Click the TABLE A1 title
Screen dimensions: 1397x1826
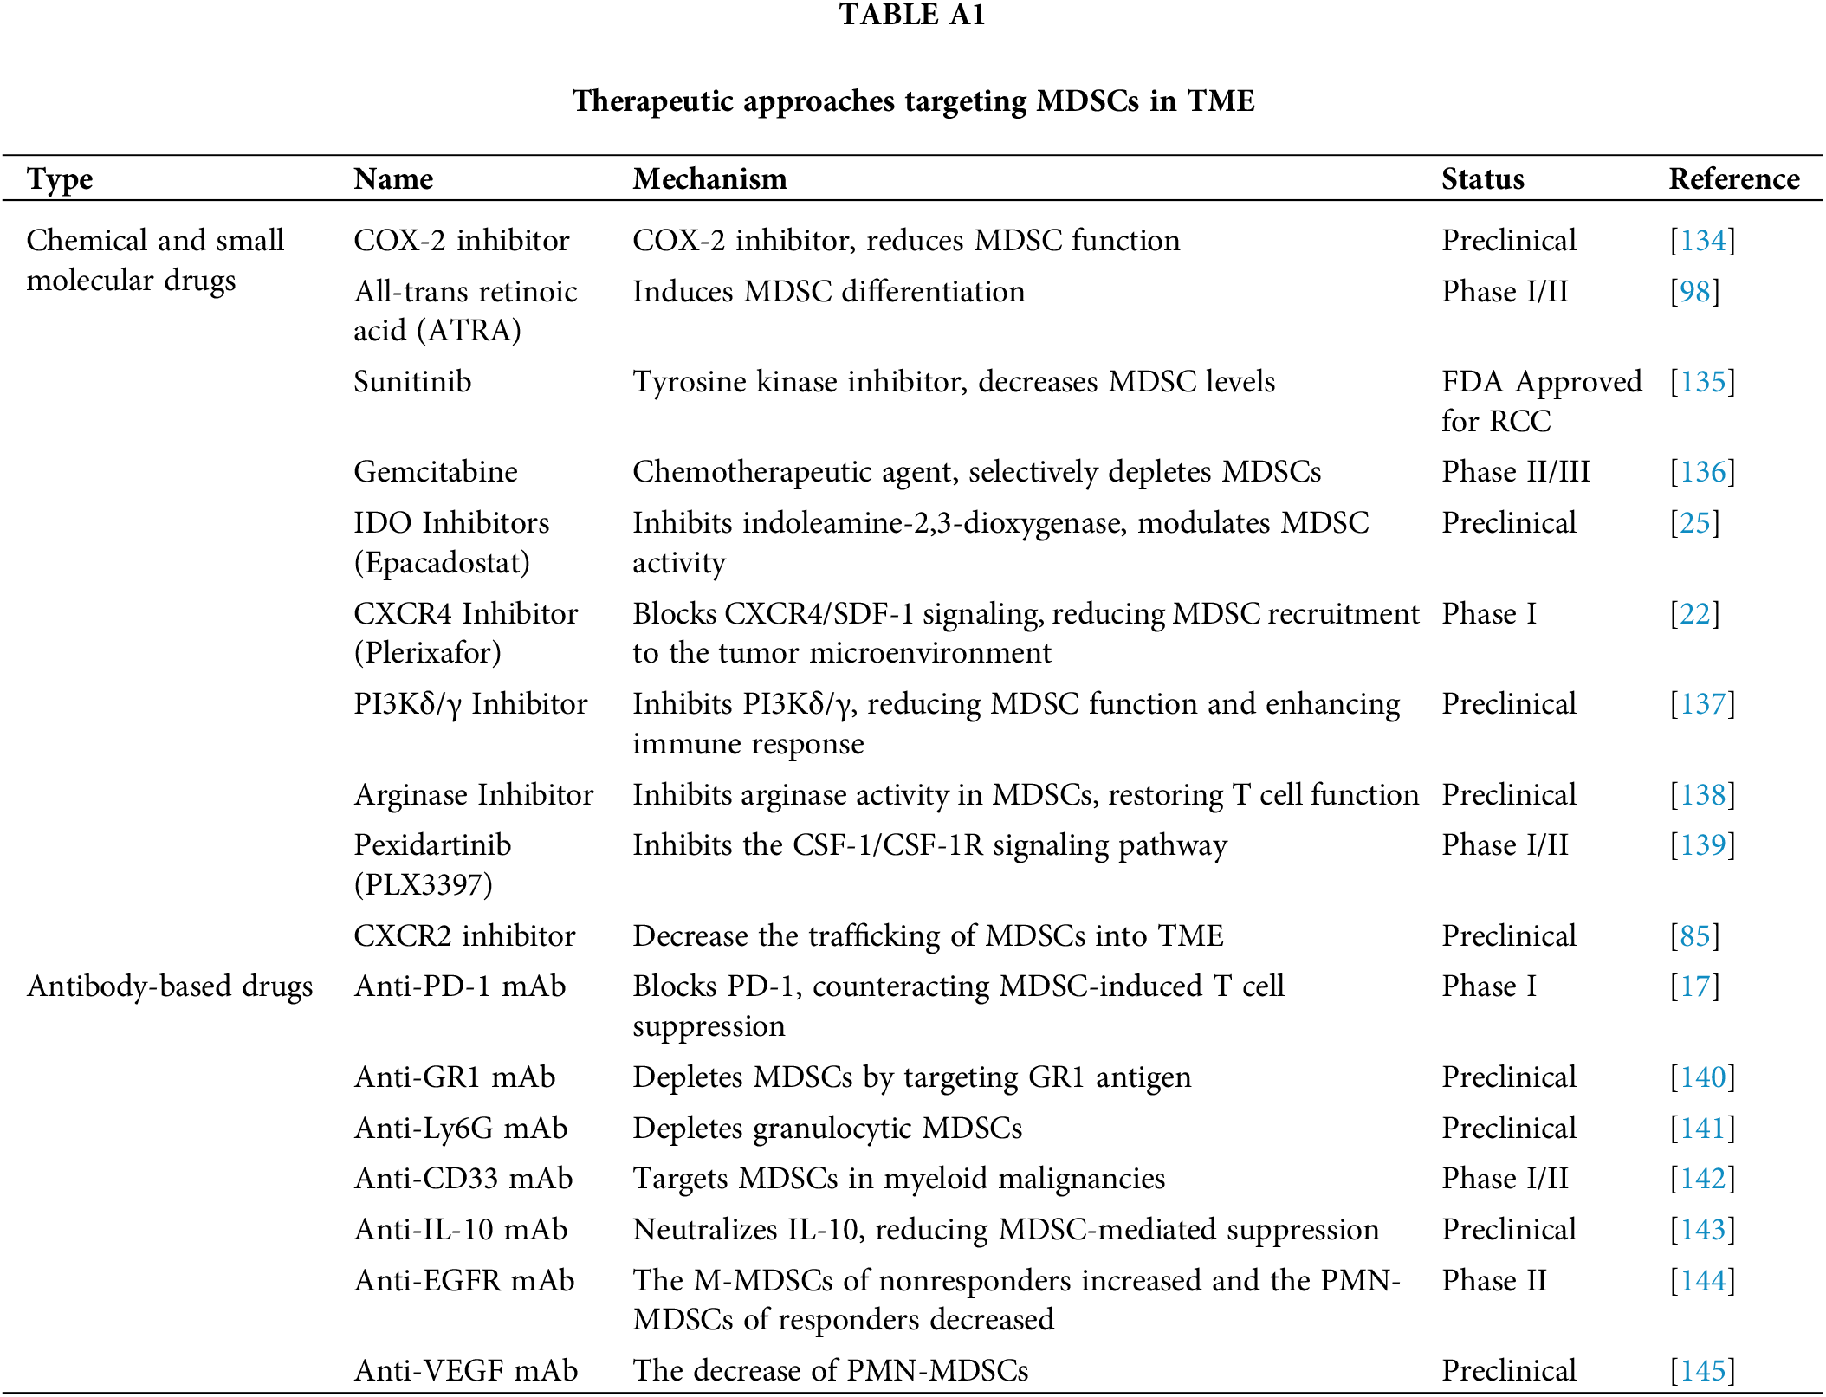(x=912, y=15)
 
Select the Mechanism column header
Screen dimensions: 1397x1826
(x=709, y=179)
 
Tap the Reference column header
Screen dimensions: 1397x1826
(x=1733, y=179)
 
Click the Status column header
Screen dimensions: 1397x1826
(x=1482, y=179)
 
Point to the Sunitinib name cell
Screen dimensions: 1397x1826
(x=412, y=382)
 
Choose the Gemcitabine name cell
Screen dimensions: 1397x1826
(x=436, y=472)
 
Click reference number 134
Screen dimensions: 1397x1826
(x=1703, y=241)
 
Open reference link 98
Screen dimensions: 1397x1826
(x=1694, y=292)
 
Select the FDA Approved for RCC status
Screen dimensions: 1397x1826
(x=1541, y=401)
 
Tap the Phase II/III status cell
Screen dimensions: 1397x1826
(x=1515, y=472)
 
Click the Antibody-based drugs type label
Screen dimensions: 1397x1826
(x=170, y=986)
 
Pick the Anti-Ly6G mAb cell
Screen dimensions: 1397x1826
(x=461, y=1129)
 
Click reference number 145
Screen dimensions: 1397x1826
(x=1703, y=1370)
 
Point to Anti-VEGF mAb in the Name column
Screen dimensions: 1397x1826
(x=466, y=1370)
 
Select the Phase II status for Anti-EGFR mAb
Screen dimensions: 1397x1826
(x=1493, y=1281)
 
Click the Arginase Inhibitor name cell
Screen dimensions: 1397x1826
(x=474, y=795)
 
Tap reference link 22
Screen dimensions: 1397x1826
(x=1694, y=614)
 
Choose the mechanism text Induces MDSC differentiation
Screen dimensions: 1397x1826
(x=828, y=292)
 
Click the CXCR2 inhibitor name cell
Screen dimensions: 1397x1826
(x=464, y=936)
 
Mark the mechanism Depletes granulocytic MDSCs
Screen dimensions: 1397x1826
(x=827, y=1129)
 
